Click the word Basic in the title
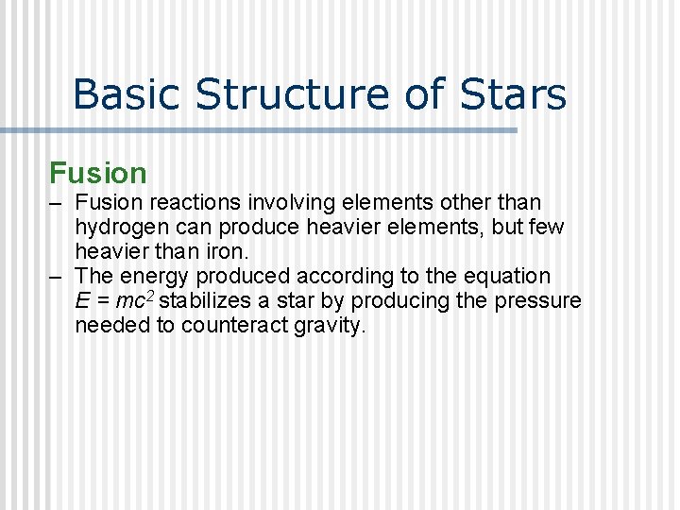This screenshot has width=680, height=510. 126,94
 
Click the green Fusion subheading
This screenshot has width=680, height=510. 98,173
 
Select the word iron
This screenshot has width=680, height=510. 228,252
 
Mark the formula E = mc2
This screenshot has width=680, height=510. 114,301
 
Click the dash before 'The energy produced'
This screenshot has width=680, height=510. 57,277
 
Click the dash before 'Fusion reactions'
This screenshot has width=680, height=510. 57,203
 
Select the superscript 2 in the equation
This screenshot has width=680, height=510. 151,296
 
